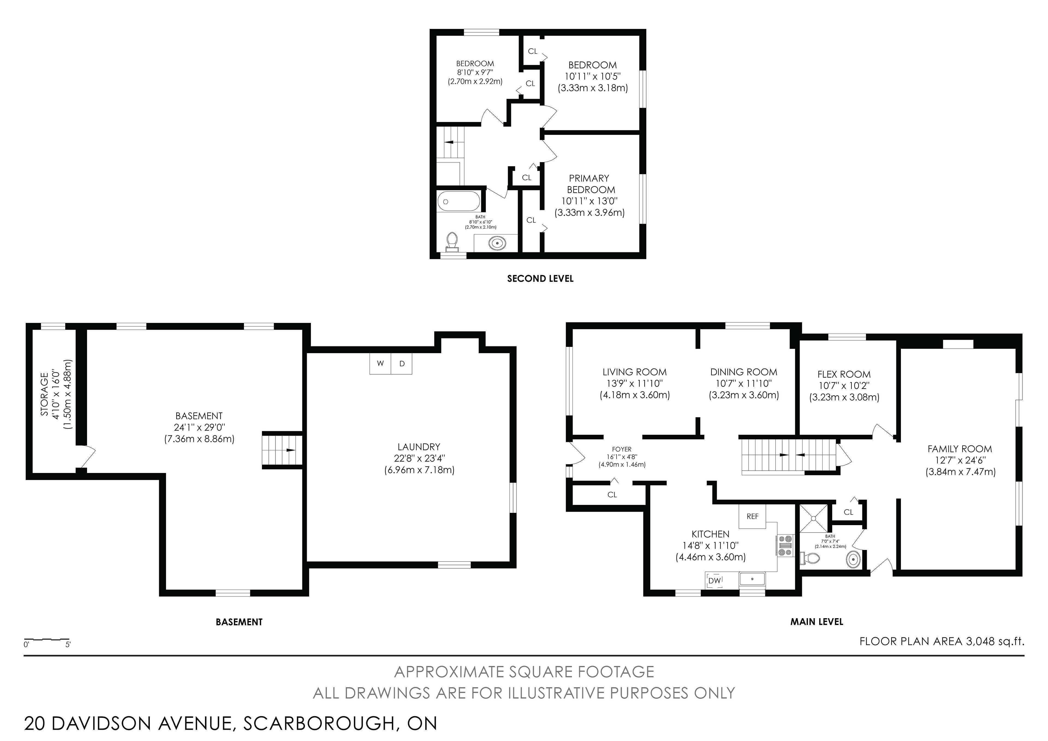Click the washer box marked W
(380, 364)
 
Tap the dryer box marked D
(402, 364)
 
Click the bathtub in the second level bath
(459, 201)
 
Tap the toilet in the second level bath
(452, 242)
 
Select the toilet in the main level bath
(810, 558)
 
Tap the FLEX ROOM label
(844, 374)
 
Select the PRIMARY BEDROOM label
(590, 183)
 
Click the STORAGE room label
(44, 394)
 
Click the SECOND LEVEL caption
(540, 278)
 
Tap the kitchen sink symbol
(752, 579)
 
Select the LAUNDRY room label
(419, 447)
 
